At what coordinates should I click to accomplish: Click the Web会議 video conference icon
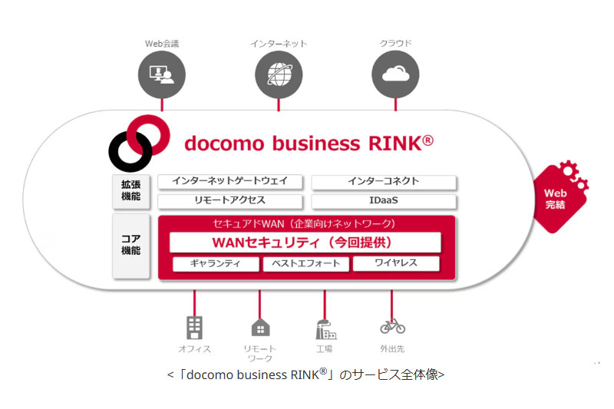tap(161, 74)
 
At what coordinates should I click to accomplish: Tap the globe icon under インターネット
tap(279, 74)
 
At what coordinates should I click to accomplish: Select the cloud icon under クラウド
tap(395, 74)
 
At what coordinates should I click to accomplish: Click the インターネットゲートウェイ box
tap(229, 182)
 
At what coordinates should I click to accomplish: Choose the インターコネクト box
tap(383, 182)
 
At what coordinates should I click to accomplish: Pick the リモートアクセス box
tap(229, 201)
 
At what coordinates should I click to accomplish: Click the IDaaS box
tap(383, 201)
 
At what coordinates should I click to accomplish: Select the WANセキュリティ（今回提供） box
tap(305, 242)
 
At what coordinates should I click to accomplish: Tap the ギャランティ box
tap(216, 264)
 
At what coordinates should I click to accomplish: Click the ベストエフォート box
tap(306, 264)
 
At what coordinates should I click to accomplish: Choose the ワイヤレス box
tap(396, 264)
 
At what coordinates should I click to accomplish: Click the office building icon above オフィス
tap(194, 328)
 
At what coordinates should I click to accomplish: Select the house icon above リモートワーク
tap(260, 328)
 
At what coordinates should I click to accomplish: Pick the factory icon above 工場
tap(325, 328)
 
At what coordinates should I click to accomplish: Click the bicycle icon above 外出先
tap(392, 326)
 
